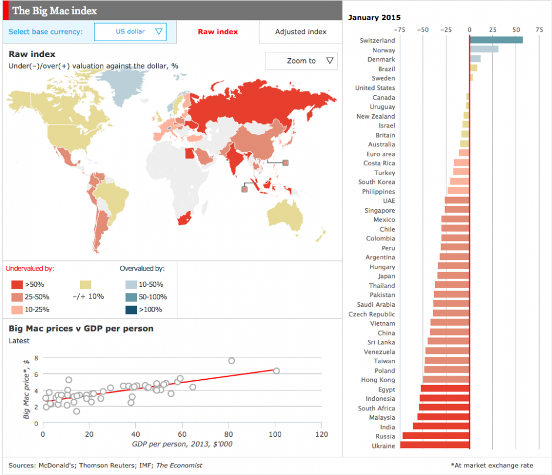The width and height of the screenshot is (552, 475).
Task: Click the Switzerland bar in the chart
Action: click(x=496, y=40)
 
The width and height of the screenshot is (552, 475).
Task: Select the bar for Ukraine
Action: click(x=435, y=445)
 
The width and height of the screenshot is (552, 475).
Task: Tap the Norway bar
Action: click(x=484, y=49)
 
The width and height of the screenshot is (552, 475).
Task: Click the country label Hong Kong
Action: click(x=378, y=380)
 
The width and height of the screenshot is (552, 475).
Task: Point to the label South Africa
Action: click(x=376, y=408)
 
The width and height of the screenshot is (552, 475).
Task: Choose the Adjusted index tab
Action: click(x=301, y=32)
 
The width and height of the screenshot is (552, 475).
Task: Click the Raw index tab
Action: click(x=217, y=32)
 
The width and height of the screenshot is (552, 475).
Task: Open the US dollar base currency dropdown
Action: click(x=130, y=32)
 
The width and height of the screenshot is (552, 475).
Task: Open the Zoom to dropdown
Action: click(x=301, y=61)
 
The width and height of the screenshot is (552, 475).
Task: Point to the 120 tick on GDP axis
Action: click(x=321, y=434)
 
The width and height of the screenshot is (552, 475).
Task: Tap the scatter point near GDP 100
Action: click(x=276, y=370)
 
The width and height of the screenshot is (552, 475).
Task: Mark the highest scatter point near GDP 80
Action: click(x=231, y=360)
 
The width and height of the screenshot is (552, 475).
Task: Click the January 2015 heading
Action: click(x=374, y=17)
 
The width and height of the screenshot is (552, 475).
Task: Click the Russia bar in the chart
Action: click(x=436, y=436)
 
